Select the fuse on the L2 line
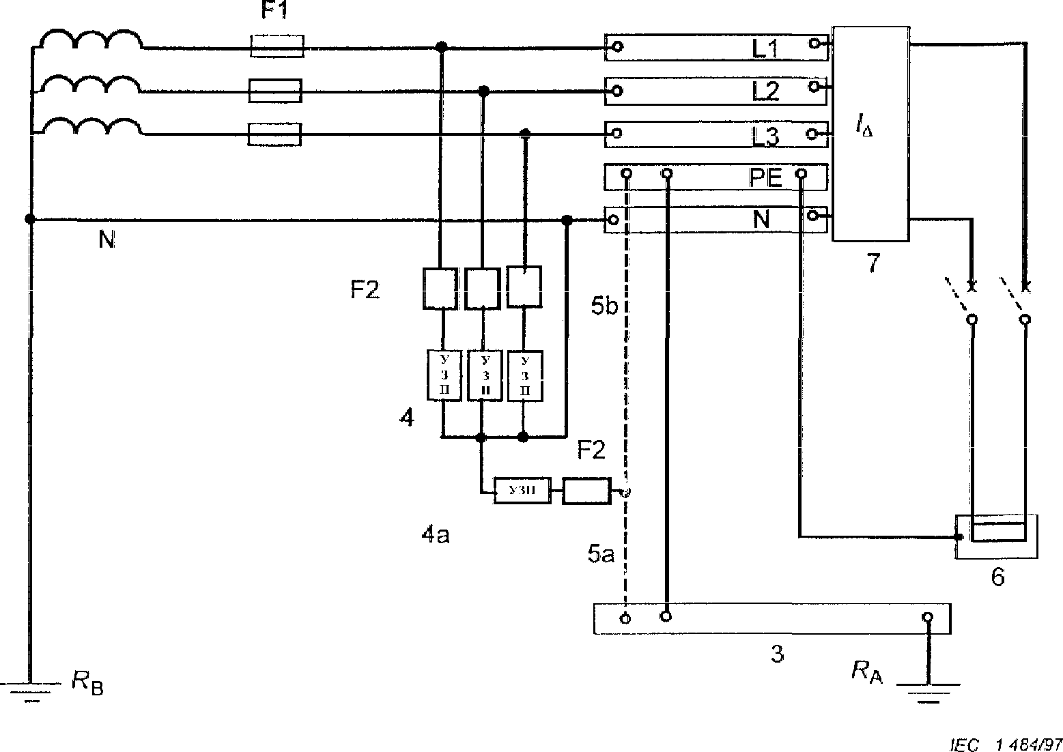coord(275,91)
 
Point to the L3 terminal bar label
coord(766,136)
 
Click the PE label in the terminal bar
coord(765,179)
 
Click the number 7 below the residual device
coord(873,263)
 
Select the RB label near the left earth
coord(87,682)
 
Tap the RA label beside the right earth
coord(866,672)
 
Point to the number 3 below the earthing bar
coord(777,654)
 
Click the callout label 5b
coord(604,306)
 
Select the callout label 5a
coord(601,555)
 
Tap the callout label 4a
coord(435,536)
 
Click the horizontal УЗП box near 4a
coord(522,491)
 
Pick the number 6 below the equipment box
coord(997,577)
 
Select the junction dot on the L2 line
coord(484,91)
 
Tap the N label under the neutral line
coord(107,240)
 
